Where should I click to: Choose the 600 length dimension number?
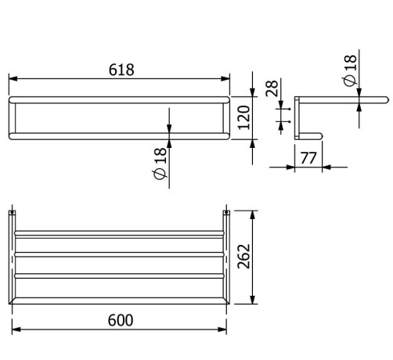120,319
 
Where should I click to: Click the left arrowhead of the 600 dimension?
15,329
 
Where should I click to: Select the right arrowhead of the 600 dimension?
225,329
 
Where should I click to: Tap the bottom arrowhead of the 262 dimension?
252,303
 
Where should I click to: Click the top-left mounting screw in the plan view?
13,212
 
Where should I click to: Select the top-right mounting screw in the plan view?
227,212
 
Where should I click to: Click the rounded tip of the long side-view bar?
386,100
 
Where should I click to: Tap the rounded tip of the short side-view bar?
321,135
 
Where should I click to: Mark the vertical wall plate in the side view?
296,117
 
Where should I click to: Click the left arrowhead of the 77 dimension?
296,166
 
